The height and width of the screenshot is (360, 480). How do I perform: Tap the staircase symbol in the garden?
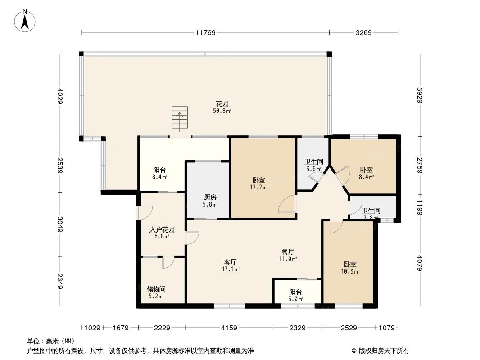click(180, 118)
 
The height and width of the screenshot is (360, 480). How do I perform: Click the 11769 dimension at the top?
click(206, 32)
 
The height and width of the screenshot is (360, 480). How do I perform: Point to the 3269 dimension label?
click(364, 32)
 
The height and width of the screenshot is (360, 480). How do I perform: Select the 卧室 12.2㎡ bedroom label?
click(258, 183)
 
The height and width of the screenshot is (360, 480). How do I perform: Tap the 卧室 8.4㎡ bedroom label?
click(366, 173)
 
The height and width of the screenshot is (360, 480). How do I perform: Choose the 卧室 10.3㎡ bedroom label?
click(349, 268)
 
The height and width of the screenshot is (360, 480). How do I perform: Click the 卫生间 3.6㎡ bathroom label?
click(313, 165)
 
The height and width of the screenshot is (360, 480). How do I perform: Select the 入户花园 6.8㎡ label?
click(162, 233)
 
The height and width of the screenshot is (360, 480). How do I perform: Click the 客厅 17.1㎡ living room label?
click(230, 265)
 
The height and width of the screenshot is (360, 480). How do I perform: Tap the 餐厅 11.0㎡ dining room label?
click(288, 255)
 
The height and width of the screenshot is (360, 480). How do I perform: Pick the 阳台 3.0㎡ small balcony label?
click(296, 295)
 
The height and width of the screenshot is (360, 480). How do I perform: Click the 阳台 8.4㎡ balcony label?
click(160, 173)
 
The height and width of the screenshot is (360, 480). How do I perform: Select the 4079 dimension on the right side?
click(420, 263)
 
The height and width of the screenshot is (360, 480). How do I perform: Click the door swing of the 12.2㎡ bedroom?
click(287, 205)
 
